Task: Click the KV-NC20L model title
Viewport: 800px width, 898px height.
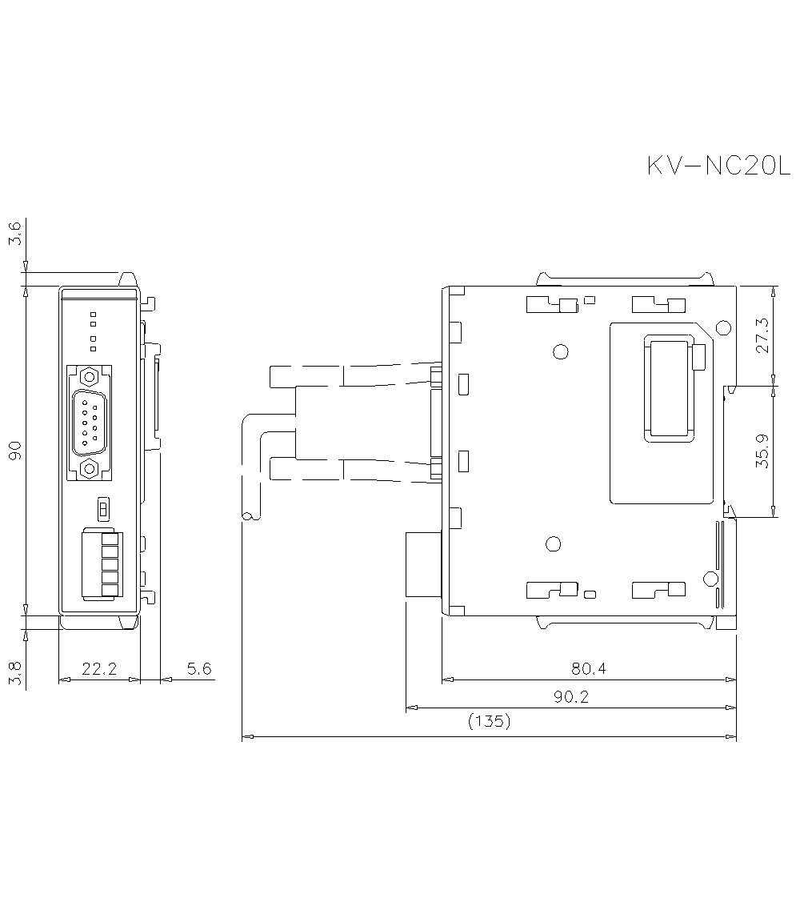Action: point(718,166)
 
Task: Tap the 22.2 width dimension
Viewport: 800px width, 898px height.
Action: point(99,668)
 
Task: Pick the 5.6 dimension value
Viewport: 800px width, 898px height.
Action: point(198,668)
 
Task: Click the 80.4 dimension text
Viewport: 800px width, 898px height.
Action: point(588,668)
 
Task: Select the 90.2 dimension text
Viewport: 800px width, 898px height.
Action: point(571,697)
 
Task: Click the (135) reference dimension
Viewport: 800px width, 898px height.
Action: point(488,722)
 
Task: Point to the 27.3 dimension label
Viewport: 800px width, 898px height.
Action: point(762,335)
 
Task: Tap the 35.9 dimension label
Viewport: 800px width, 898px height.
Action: point(762,451)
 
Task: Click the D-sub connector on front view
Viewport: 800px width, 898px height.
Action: point(90,422)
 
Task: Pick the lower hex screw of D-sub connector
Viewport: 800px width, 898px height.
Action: point(90,468)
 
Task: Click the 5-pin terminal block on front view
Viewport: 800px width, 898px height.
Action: point(100,563)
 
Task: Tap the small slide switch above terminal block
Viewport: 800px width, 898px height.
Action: point(102,508)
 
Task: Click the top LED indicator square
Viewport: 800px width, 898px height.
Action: point(94,314)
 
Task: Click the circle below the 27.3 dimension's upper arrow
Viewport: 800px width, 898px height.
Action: point(722,327)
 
